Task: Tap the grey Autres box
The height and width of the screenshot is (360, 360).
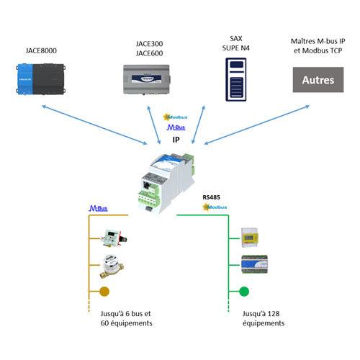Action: (x=318, y=79)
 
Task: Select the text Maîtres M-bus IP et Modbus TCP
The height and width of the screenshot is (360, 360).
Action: (x=317, y=45)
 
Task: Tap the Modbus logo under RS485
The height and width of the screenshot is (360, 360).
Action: (x=215, y=207)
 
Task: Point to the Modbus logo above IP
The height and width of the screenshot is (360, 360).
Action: (x=176, y=116)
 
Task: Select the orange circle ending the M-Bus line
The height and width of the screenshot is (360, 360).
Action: (x=104, y=292)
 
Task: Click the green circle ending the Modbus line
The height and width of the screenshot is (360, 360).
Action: (x=244, y=292)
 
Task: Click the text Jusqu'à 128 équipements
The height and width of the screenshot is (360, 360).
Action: (x=264, y=319)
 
